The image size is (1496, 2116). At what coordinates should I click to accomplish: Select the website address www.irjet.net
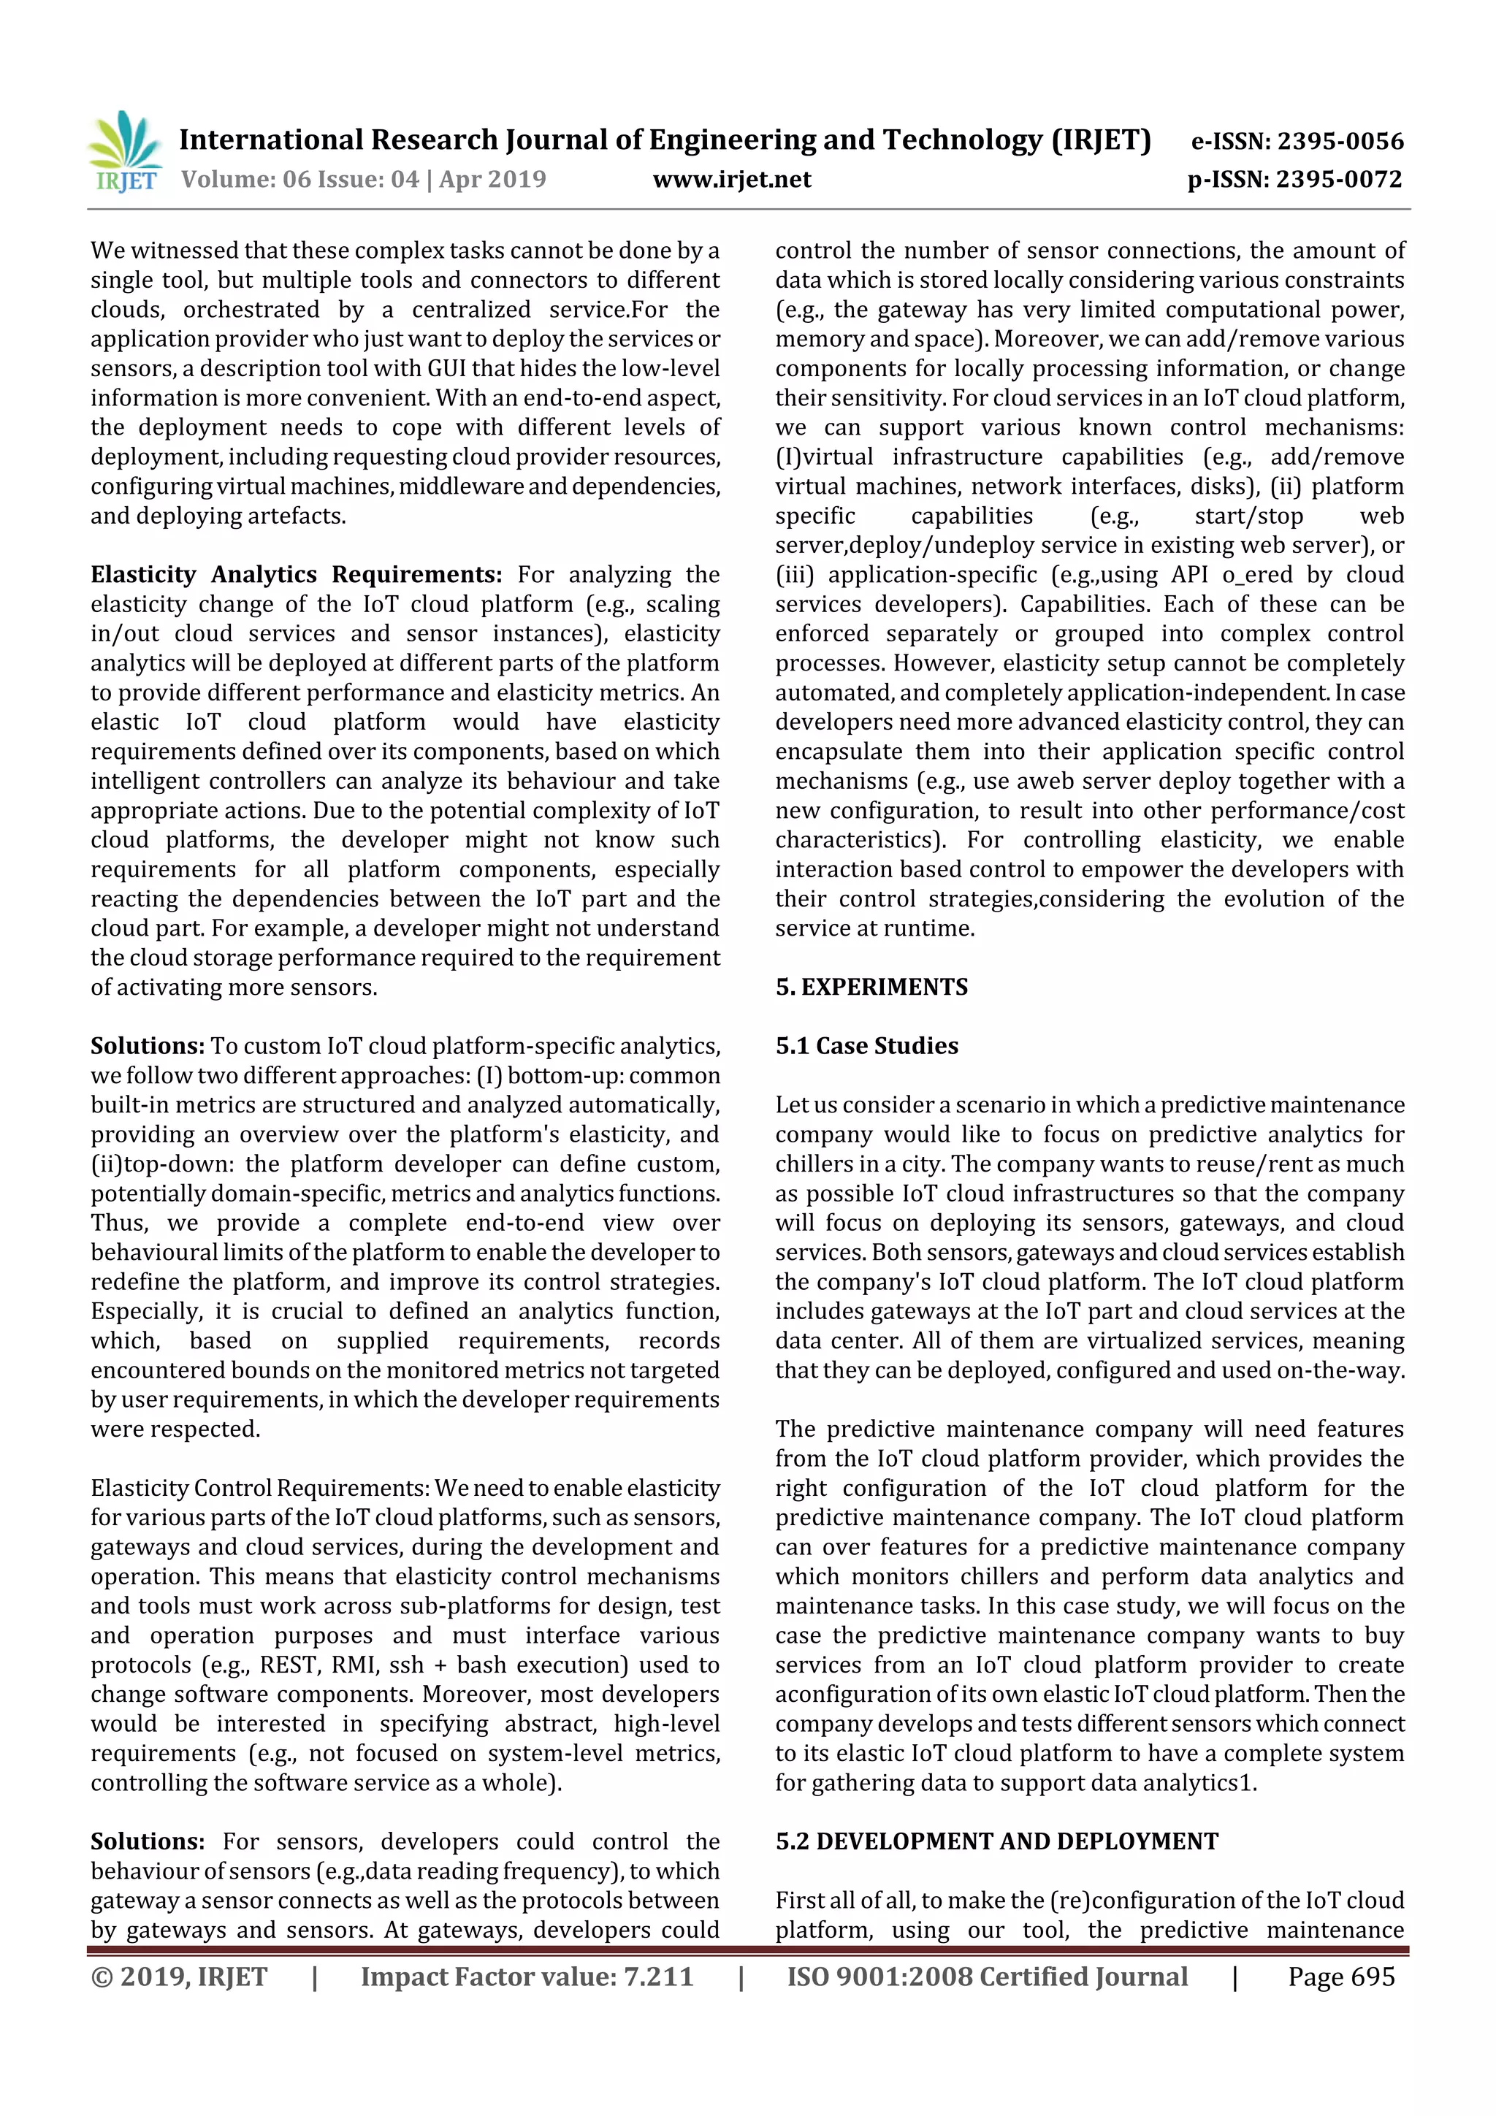tap(732, 180)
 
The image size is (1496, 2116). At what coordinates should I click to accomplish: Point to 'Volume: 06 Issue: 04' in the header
tap(299, 180)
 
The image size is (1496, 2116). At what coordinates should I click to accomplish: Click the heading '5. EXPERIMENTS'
tap(871, 987)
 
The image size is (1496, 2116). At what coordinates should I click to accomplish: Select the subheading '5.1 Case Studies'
tap(866, 1046)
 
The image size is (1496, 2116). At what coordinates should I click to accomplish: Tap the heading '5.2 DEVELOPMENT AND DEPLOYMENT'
tap(996, 1841)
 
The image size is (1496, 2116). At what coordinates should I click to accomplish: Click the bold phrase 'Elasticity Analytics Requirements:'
tap(296, 575)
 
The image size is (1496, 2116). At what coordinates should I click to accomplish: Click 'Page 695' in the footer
tap(1341, 1976)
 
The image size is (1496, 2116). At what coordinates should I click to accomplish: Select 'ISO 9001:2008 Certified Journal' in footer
tap(987, 1976)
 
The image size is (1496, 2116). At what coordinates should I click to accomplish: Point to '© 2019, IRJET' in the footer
tap(179, 1976)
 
